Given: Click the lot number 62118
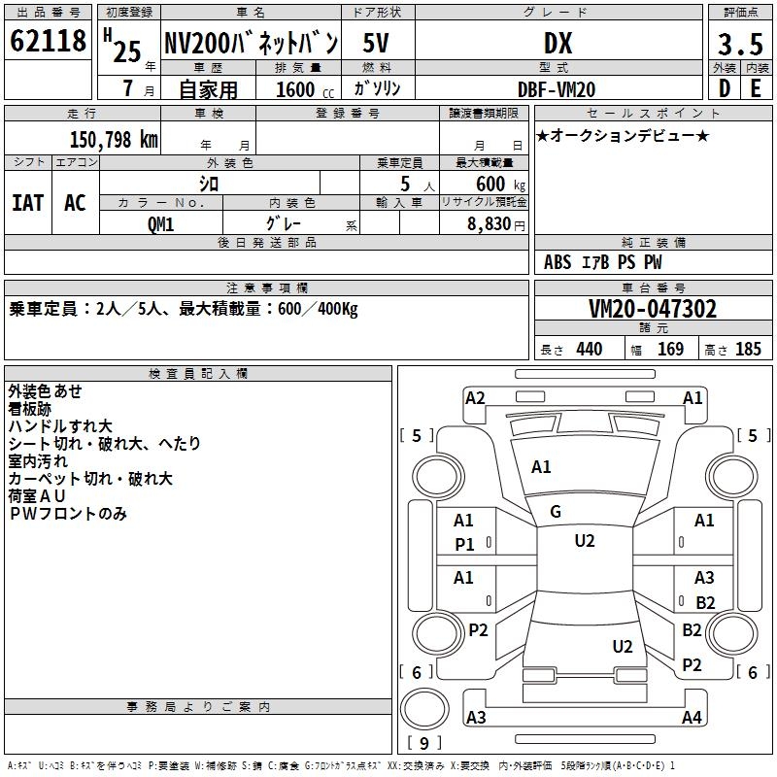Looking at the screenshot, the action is click(x=48, y=43).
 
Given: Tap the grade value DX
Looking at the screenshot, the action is click(x=557, y=43).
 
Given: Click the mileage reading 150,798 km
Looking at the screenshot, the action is click(x=113, y=140).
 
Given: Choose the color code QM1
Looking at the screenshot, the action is click(x=160, y=223).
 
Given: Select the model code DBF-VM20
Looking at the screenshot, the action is click(x=556, y=89).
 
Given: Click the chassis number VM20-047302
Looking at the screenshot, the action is click(x=653, y=309).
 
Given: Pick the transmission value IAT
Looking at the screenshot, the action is click(x=27, y=202).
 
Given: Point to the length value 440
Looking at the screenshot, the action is click(x=589, y=350).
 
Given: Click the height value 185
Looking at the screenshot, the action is click(x=748, y=350).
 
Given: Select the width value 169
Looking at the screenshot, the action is click(x=670, y=350).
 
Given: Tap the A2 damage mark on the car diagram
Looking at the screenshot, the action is click(x=475, y=397).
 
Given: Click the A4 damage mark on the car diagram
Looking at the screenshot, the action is click(x=692, y=718).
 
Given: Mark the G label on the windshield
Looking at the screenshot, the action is click(x=556, y=512).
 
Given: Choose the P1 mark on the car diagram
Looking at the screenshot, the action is click(x=464, y=545).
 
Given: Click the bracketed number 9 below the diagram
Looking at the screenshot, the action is click(x=424, y=743).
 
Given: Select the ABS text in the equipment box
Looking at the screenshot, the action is click(x=557, y=262).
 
